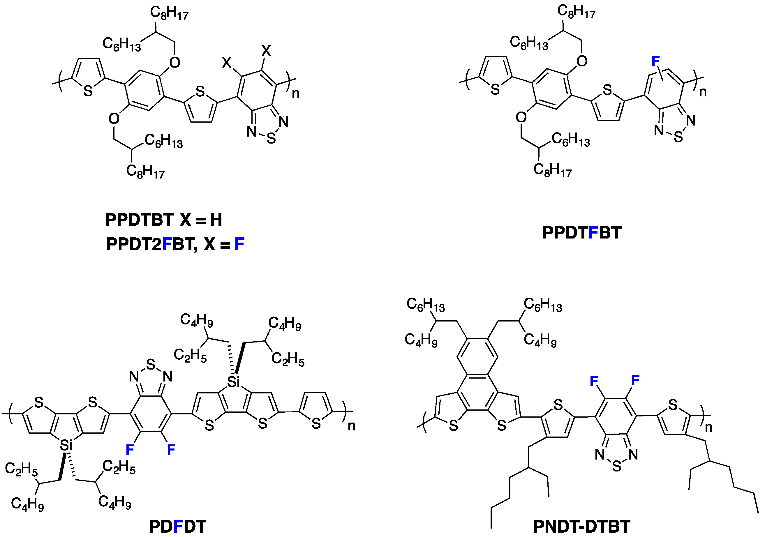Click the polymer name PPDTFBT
[x=582, y=232]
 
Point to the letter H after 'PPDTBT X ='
[x=216, y=220]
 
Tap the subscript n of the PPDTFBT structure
[x=703, y=92]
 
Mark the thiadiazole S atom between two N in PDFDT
[x=151, y=364]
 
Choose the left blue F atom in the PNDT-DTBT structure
[x=594, y=381]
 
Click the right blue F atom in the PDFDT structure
[x=171, y=450]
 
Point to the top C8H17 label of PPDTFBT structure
[x=576, y=12]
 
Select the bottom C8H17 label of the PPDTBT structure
[x=145, y=172]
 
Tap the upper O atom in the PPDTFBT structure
[x=582, y=61]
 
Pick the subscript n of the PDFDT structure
[x=352, y=426]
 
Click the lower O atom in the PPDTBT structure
[x=114, y=119]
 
